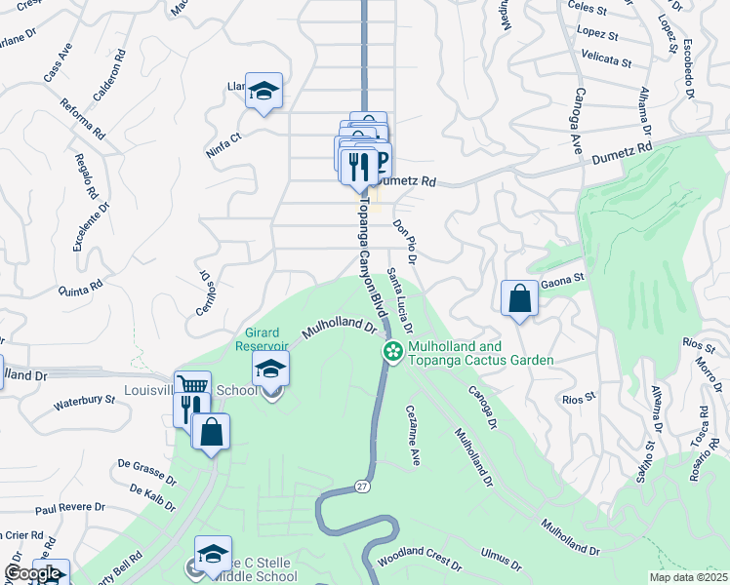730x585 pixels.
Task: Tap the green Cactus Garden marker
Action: (393, 352)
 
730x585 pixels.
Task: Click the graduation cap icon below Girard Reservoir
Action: (270, 369)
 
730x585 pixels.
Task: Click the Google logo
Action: (32, 574)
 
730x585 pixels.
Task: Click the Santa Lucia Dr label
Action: (399, 300)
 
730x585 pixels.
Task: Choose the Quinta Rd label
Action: (81, 287)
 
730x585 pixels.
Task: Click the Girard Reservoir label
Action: (261, 339)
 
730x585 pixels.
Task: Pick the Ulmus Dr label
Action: (501, 559)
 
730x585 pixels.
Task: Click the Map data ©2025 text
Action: (688, 577)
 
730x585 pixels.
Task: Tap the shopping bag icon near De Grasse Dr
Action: (211, 433)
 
